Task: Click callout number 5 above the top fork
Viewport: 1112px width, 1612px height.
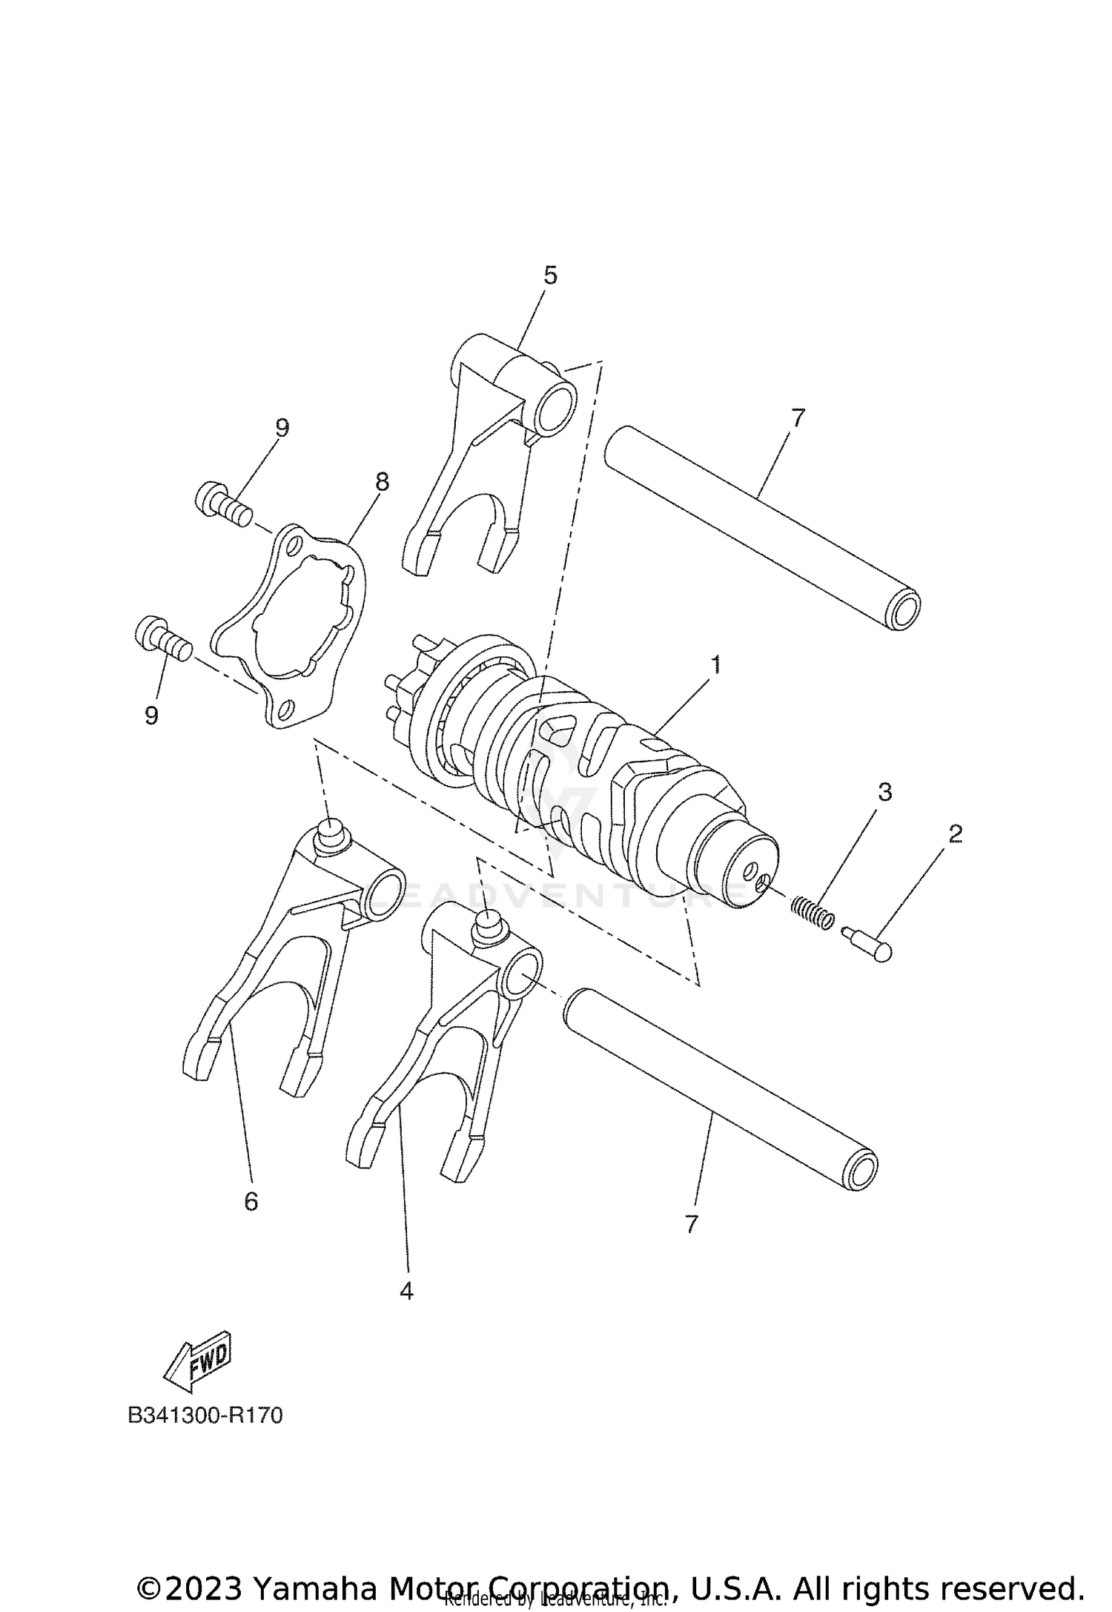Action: click(x=549, y=275)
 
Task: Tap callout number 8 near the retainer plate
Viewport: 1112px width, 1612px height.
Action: click(x=382, y=482)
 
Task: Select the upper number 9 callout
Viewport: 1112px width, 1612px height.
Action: click(x=282, y=428)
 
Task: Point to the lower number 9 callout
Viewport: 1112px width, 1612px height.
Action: click(x=151, y=716)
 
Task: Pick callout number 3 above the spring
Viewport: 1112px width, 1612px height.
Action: click(x=884, y=792)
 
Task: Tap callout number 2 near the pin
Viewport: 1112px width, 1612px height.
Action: click(x=955, y=834)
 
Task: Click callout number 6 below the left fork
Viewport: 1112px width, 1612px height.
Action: click(x=251, y=1201)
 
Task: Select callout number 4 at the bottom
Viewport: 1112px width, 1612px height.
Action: click(x=406, y=1291)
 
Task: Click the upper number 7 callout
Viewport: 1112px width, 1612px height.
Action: click(x=797, y=418)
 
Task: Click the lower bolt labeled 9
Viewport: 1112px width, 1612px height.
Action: click(x=163, y=638)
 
